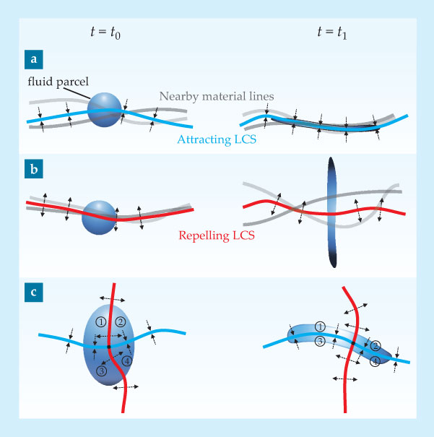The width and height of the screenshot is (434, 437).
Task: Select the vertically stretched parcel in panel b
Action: [x=331, y=212]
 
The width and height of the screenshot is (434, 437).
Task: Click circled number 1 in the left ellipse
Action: [x=101, y=321]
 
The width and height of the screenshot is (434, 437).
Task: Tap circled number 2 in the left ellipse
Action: [x=121, y=321]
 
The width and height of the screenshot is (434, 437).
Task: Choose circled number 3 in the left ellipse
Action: [x=102, y=371]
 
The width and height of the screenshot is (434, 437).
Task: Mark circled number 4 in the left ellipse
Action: [x=127, y=360]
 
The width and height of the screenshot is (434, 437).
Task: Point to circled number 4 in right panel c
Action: [x=375, y=361]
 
